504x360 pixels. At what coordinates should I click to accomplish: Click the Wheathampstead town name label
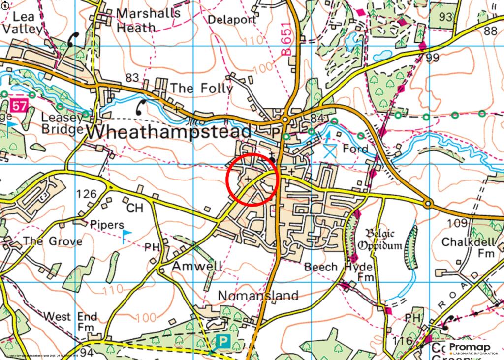click(x=169, y=132)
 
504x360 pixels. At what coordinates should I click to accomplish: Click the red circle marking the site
click(x=253, y=179)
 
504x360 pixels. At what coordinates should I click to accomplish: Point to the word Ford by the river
click(x=355, y=148)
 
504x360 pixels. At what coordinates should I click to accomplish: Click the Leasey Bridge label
click(x=62, y=123)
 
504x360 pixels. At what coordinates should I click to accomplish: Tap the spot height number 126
click(x=87, y=194)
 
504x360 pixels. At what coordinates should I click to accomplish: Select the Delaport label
click(x=232, y=20)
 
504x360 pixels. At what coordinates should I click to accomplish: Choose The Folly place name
click(x=201, y=89)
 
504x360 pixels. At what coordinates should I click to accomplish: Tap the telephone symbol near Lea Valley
click(x=73, y=39)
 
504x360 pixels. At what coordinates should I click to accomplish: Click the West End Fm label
click(x=70, y=321)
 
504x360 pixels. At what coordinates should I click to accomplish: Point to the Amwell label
click(x=197, y=266)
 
